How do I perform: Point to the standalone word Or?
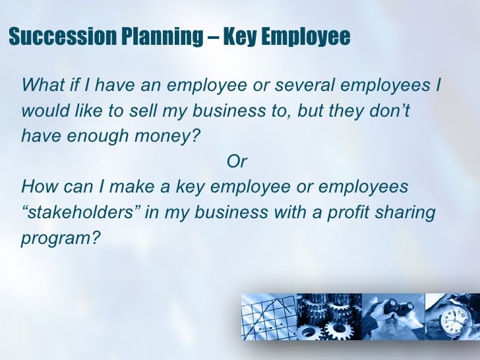pos(237,161)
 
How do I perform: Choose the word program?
pos(60,238)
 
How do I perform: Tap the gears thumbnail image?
pos(329,319)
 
